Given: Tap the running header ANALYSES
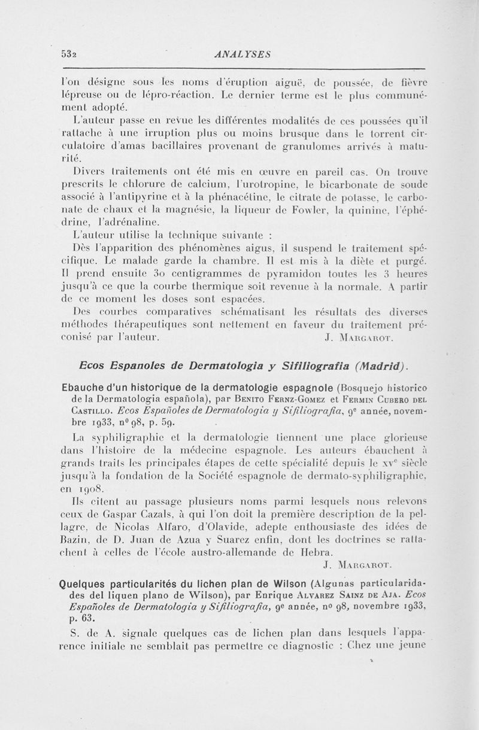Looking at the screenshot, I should coord(242,54).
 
